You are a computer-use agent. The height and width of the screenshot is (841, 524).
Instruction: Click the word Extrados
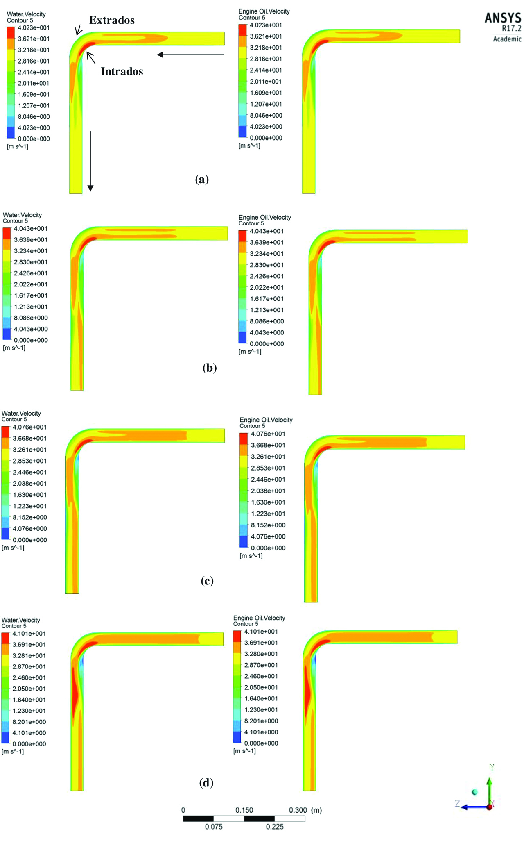[112, 20]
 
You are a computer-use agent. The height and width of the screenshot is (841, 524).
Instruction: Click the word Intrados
[122, 71]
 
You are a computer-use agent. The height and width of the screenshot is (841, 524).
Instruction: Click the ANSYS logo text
[503, 18]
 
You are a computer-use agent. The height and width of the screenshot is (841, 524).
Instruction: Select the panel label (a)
[202, 179]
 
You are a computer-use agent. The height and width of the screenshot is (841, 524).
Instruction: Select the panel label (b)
[209, 368]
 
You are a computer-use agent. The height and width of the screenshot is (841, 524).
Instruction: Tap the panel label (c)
[207, 581]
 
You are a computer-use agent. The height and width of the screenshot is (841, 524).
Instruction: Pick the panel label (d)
[206, 783]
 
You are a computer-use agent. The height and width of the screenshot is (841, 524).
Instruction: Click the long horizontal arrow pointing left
[190, 55]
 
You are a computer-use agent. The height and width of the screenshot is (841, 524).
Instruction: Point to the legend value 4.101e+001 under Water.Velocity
[29, 634]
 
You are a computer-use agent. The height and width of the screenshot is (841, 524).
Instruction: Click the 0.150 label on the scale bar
[244, 810]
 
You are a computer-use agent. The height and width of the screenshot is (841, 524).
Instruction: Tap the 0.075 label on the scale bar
[214, 827]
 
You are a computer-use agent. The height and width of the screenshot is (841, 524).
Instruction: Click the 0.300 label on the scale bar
[298, 810]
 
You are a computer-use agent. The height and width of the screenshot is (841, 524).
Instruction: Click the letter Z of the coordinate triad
[457, 803]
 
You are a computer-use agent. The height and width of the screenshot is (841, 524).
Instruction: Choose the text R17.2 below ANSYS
[511, 28]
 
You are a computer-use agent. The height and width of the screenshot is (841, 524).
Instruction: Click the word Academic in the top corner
[507, 39]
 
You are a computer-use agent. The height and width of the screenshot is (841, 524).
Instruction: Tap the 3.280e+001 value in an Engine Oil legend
[261, 654]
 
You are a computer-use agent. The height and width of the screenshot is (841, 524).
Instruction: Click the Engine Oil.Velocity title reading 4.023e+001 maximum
[264, 11]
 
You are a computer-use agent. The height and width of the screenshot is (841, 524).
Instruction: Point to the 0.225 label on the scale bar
[274, 827]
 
